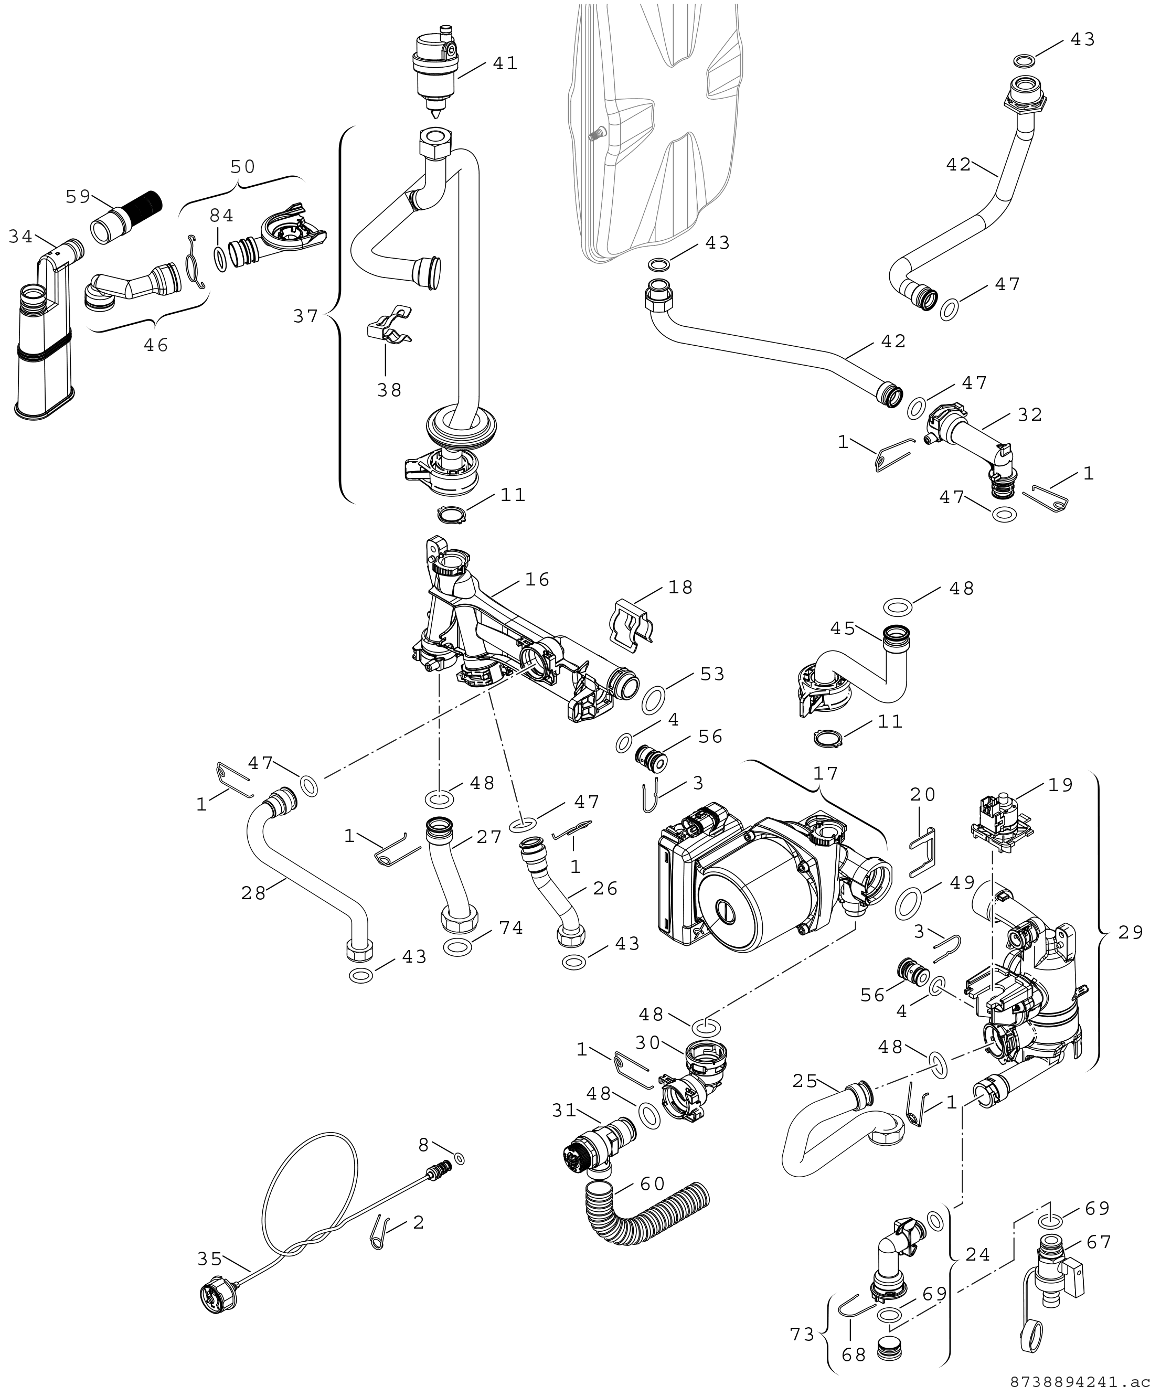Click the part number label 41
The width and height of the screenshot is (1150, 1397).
point(505,63)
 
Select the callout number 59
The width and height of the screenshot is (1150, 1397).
point(78,196)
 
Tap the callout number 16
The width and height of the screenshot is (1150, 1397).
point(537,580)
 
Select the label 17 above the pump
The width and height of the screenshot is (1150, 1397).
point(825,773)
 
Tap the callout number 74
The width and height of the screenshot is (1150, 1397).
point(511,928)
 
